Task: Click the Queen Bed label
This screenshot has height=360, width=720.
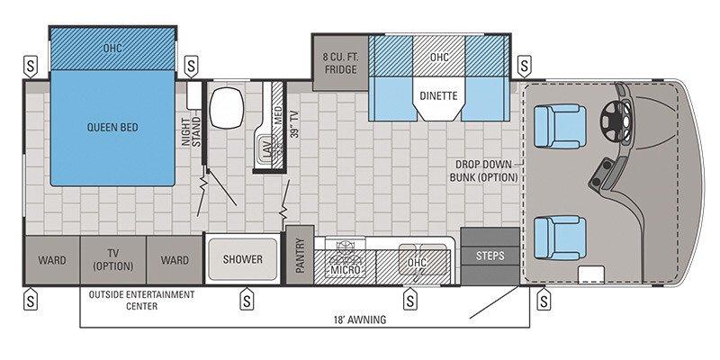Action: click(x=112, y=128)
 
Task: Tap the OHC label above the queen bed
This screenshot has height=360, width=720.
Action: click(x=112, y=47)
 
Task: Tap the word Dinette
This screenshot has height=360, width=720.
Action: click(x=438, y=94)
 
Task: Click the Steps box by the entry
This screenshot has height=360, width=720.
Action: click(x=490, y=256)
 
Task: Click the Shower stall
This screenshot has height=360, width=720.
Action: click(x=243, y=259)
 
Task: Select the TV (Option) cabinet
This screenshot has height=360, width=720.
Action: click(x=113, y=259)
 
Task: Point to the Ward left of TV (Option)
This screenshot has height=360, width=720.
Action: click(x=51, y=260)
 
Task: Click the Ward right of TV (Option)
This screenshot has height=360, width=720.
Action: click(x=175, y=260)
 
